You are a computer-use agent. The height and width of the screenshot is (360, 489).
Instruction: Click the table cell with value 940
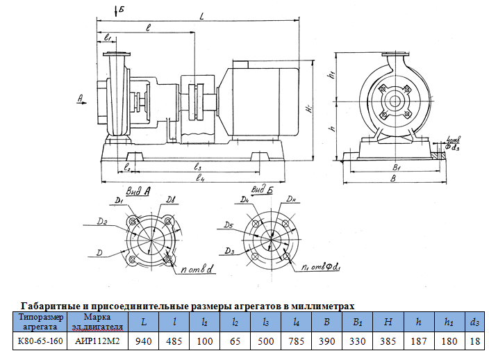pyautogui.click(x=143, y=341)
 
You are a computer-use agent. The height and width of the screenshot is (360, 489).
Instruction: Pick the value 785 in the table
pyautogui.click(x=297, y=341)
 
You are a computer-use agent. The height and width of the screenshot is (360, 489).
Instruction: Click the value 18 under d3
pyautogui.click(x=474, y=341)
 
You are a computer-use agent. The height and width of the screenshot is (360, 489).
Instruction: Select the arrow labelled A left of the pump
pyautogui.click(x=81, y=101)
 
